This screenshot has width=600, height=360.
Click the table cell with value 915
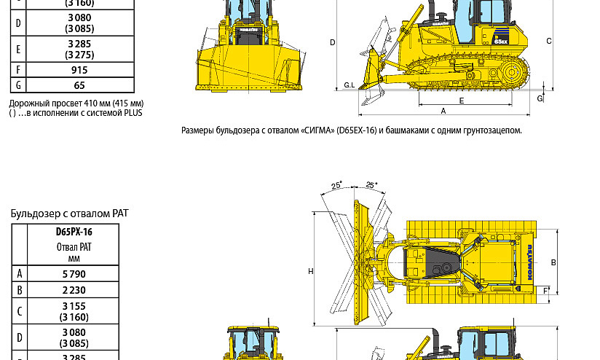(79, 70)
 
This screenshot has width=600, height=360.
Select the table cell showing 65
(79, 85)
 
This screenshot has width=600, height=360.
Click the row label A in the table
(20, 274)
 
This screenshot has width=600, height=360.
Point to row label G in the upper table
(18, 85)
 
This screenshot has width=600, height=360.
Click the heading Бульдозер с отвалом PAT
(69, 214)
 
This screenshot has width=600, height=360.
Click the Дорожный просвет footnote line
(76, 103)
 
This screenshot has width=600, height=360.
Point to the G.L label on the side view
(349, 85)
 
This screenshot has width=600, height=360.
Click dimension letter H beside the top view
(311, 272)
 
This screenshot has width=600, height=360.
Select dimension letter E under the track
(461, 101)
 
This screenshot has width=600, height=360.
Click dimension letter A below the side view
(443, 111)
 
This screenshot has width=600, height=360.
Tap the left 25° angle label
(336, 186)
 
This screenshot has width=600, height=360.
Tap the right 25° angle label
(371, 185)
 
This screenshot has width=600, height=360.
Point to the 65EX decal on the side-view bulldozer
(501, 42)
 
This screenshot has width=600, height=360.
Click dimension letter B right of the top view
(553, 262)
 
